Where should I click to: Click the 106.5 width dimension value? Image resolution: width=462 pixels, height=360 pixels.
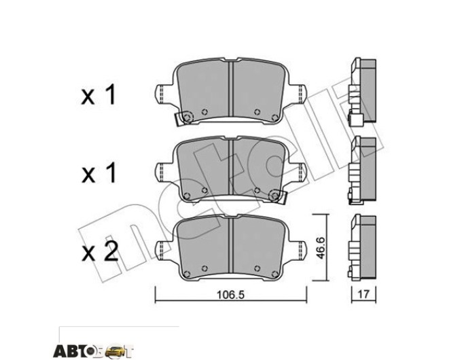point(231,295)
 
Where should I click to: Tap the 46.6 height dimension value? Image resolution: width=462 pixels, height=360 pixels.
point(320,247)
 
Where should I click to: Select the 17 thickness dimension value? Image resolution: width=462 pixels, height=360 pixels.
point(363,294)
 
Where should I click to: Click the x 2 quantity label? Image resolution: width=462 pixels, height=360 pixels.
point(100,252)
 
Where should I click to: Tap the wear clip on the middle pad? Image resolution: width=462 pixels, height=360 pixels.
point(278,196)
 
